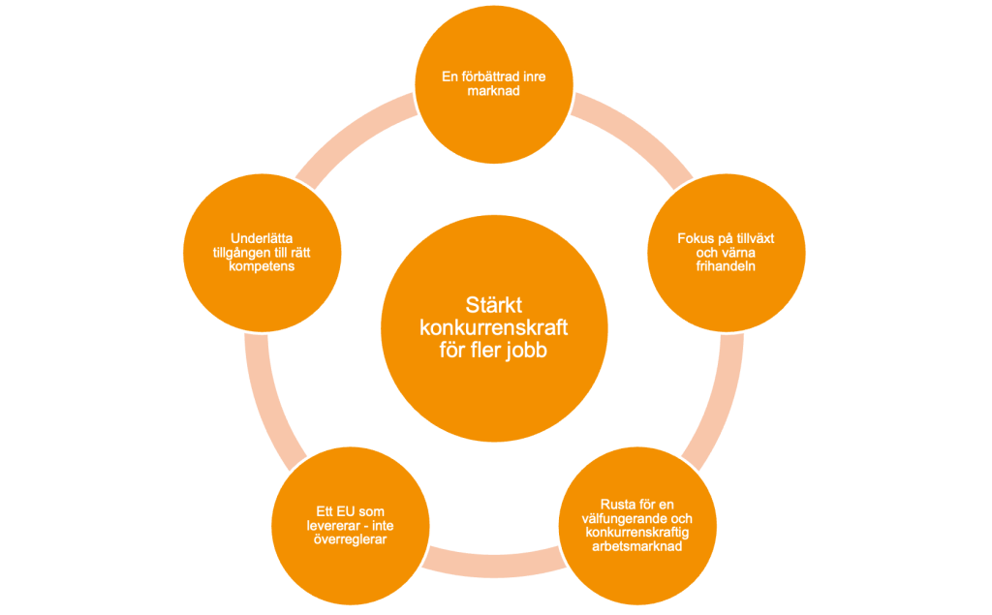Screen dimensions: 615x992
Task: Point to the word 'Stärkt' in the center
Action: tap(494, 306)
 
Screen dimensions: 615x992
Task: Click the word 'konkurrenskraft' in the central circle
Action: tap(494, 328)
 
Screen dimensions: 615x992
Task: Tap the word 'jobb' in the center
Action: tap(527, 351)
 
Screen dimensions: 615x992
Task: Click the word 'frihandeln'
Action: tap(726, 265)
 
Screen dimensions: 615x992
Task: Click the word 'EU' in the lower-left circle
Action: tap(333, 511)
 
